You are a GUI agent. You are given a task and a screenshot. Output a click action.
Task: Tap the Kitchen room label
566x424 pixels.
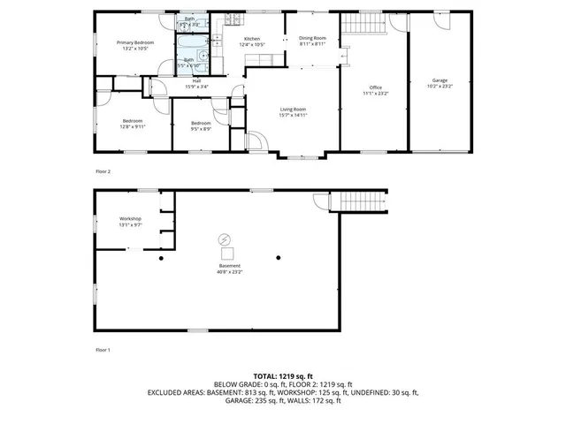tap(252, 40)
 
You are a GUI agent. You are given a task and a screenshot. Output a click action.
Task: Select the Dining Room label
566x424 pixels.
tap(312, 38)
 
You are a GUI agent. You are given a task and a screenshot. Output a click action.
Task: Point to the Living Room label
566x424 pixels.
tap(292, 109)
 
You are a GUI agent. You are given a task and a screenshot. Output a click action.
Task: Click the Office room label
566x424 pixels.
tap(375, 87)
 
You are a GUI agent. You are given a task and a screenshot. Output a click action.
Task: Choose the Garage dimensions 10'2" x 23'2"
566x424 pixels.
tap(440, 86)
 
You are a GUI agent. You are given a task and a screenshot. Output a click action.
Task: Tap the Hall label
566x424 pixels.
tap(196, 80)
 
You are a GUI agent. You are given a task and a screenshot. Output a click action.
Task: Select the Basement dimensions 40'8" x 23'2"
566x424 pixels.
tap(230, 272)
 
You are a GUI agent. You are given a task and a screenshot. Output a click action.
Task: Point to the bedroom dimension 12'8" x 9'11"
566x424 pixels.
tap(133, 126)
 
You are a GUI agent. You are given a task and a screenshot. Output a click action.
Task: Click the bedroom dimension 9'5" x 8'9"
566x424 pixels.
tap(201, 129)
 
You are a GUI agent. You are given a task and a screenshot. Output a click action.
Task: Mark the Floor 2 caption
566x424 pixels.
tap(103, 171)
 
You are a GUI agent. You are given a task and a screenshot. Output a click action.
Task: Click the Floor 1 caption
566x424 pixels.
tap(103, 351)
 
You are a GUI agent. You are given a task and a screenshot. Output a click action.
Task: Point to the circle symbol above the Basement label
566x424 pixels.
tap(224, 238)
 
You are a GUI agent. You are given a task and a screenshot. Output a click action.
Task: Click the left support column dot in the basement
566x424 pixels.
tap(161, 258)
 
